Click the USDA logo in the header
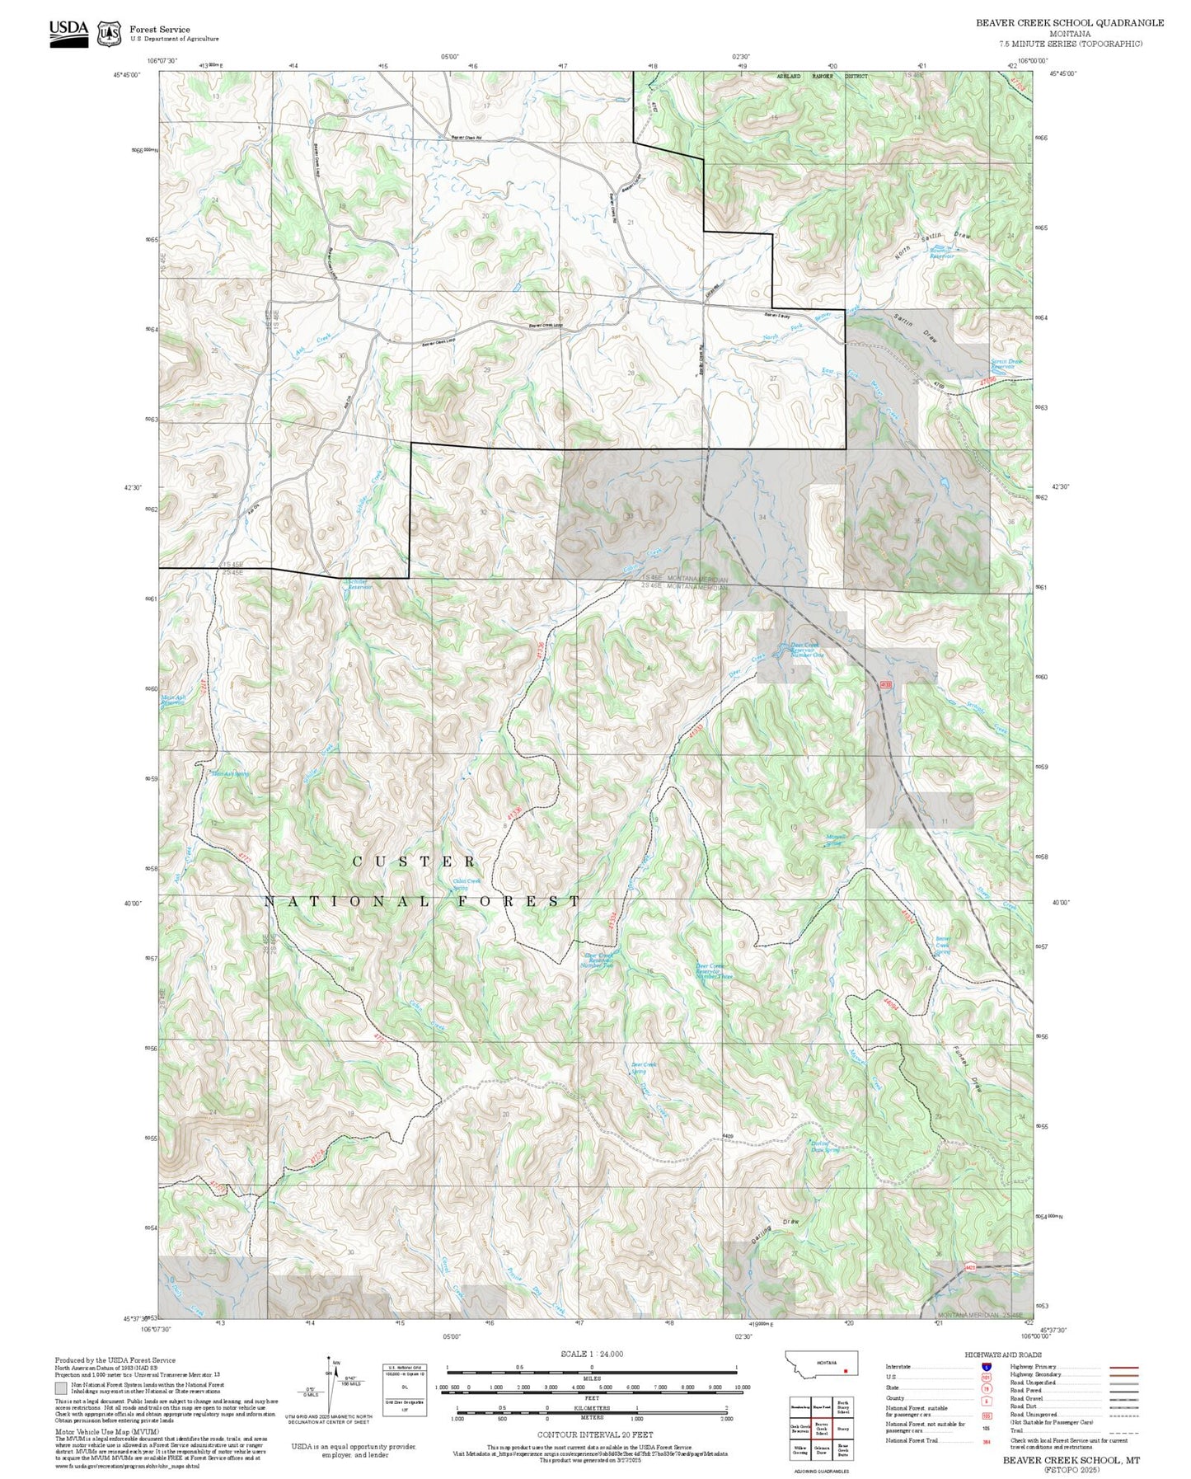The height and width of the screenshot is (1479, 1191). tap(68, 31)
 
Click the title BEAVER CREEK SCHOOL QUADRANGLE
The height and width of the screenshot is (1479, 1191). tap(1070, 23)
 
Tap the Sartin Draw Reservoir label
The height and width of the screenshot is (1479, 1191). tap(1006, 363)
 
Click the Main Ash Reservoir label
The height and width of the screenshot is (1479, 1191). tap(173, 701)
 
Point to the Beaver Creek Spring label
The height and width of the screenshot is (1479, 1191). tap(943, 945)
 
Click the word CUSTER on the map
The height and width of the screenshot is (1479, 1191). tap(415, 862)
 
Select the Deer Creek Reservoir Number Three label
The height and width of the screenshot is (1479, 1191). tap(714, 971)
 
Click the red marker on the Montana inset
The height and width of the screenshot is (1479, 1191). tap(846, 1372)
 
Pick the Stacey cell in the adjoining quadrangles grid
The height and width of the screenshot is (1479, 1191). tap(842, 1429)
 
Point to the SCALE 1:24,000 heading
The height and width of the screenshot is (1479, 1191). tap(591, 1354)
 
